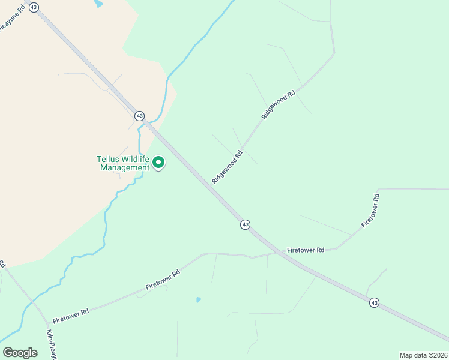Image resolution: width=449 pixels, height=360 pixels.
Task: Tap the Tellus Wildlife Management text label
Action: (123, 163)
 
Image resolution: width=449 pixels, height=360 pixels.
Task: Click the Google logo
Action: (20, 353)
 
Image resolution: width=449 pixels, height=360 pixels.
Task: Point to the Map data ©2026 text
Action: (423, 355)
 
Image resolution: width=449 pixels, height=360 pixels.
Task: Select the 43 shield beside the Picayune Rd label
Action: (34, 7)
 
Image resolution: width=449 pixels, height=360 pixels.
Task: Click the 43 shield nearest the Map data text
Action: (374, 302)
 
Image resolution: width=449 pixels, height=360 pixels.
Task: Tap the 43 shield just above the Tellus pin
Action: (139, 115)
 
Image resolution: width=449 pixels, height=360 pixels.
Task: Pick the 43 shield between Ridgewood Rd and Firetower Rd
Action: (245, 224)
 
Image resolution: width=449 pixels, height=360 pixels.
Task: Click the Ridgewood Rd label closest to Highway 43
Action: (227, 167)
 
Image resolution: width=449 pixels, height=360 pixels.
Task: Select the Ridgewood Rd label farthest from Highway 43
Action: (279, 104)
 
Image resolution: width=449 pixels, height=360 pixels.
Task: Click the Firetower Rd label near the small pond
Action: (163, 281)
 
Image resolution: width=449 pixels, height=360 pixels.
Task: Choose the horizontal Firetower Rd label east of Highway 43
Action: (306, 250)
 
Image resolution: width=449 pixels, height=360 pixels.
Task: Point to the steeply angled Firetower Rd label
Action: (370, 210)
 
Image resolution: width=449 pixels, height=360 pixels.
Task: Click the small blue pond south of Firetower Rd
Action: (198, 299)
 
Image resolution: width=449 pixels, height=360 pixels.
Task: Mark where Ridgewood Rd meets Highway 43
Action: (214, 187)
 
